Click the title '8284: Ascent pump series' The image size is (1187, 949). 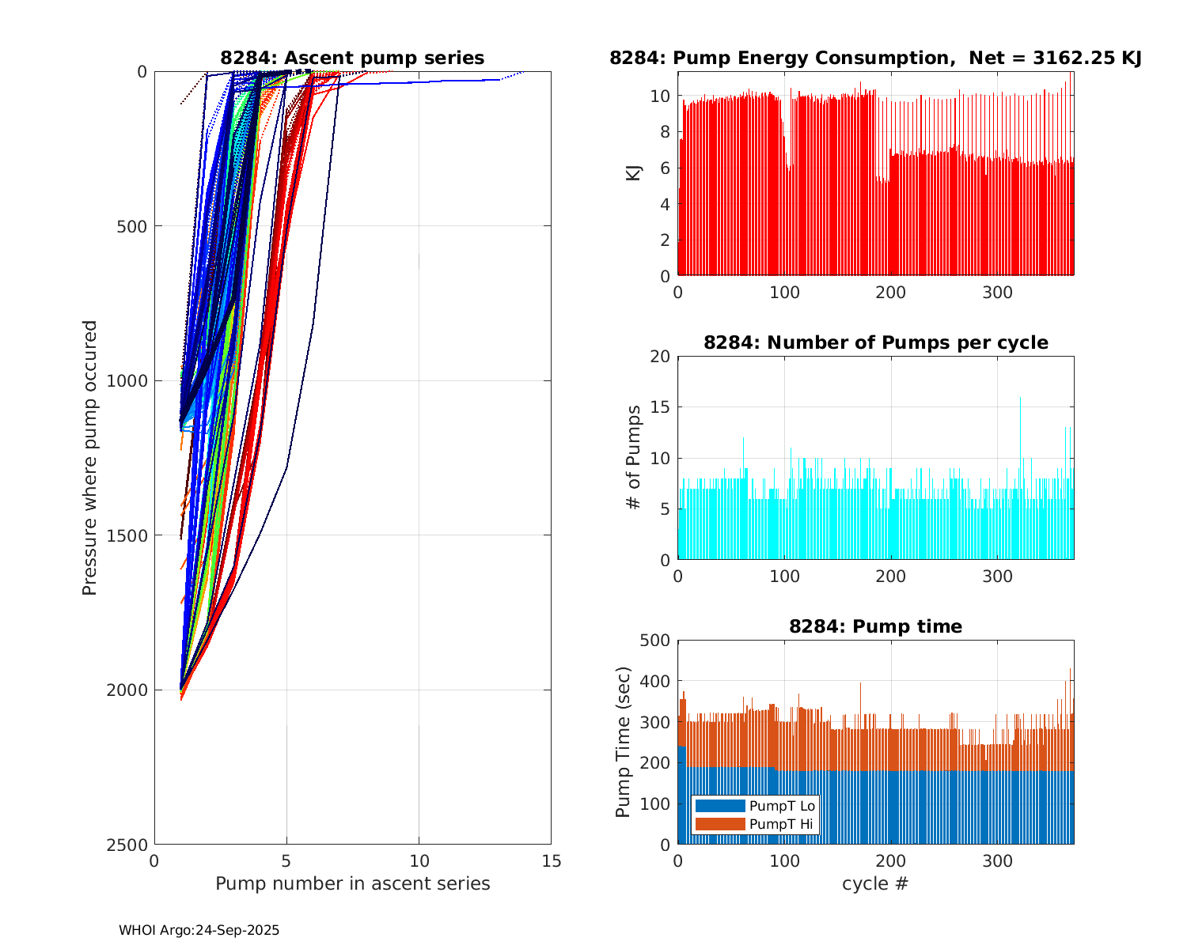coord(352,58)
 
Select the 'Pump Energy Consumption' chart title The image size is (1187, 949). coord(875,58)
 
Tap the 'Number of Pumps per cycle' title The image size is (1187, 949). coord(875,342)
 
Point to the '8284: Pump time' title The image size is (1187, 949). coord(875,626)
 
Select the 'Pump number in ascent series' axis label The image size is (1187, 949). coord(352,883)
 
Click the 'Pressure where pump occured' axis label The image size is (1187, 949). coord(89,458)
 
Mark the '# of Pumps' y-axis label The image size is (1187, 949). coord(634,457)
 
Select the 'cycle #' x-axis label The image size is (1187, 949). coord(875,883)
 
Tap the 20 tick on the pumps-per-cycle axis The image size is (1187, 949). coord(660,357)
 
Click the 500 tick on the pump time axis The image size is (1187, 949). coord(655,641)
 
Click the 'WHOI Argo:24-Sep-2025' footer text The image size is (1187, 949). coord(199,931)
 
